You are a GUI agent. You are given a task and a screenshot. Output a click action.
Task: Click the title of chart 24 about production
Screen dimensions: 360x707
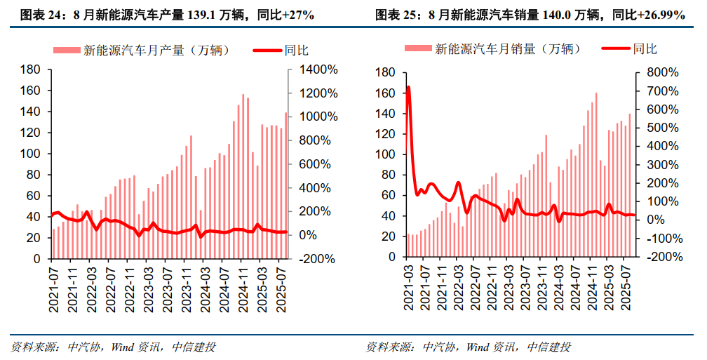tap(167, 15)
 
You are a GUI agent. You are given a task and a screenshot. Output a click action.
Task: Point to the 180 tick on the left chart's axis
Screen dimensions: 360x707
tap(30, 70)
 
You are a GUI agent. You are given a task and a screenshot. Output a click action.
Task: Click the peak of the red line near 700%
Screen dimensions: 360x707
tap(408, 88)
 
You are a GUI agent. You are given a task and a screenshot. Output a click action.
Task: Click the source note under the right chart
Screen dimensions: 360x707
tap(469, 347)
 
